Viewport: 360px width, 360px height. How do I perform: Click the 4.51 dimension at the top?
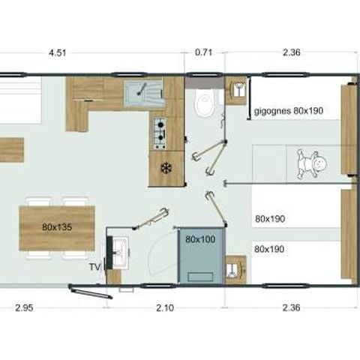tap(57, 53)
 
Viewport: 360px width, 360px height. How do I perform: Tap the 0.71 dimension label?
tap(203, 53)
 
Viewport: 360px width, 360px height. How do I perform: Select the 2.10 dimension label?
tap(163, 307)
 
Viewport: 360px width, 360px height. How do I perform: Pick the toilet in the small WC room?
tap(202, 104)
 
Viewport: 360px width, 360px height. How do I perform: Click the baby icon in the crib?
tap(311, 164)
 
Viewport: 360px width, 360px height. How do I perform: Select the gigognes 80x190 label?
tap(288, 111)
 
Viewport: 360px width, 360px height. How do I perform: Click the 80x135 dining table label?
tap(57, 226)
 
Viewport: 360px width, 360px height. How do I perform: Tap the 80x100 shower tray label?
tap(200, 239)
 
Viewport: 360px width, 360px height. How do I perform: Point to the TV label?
tap(94, 265)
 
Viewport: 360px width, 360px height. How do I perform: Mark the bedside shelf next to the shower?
tap(235, 266)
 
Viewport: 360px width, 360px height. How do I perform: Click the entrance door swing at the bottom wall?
tap(90, 290)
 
